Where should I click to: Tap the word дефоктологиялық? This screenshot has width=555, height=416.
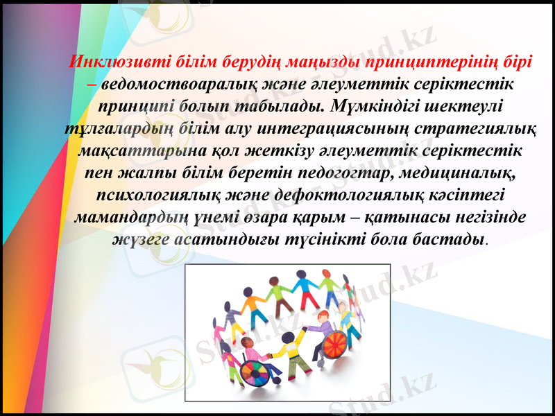(324, 194)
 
